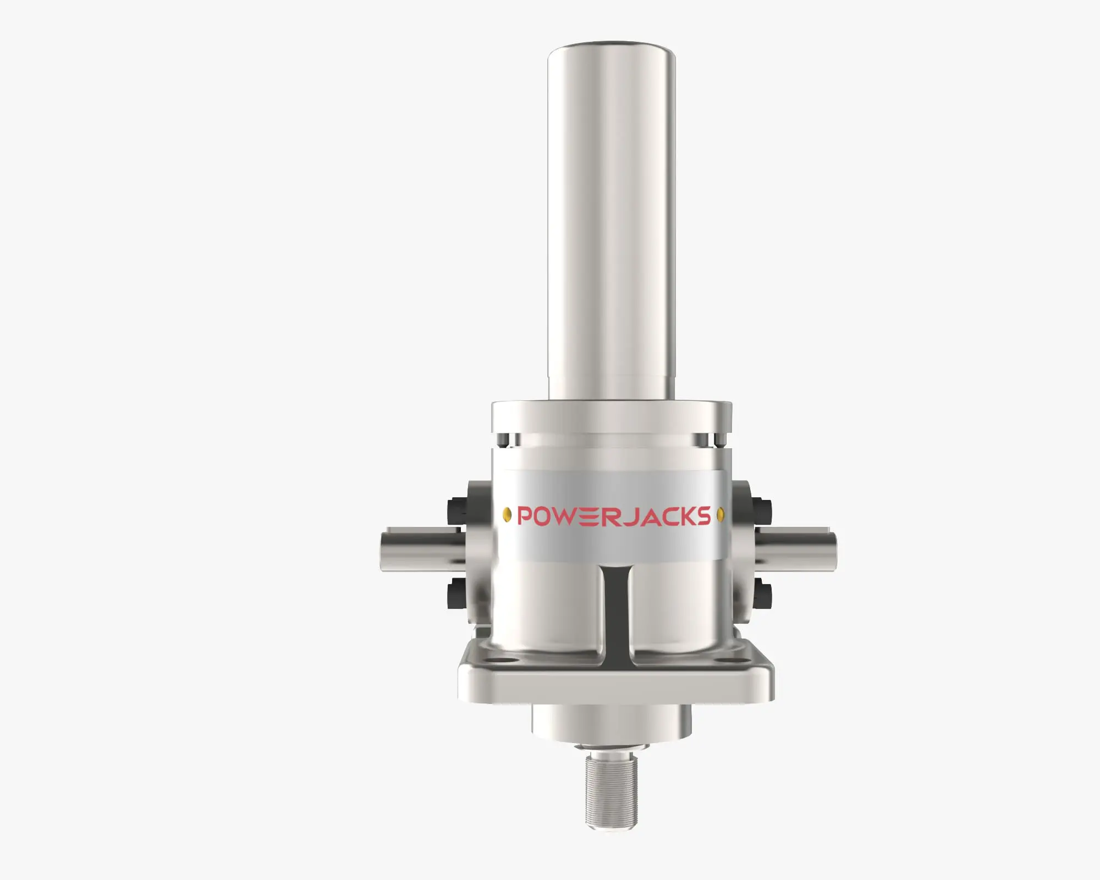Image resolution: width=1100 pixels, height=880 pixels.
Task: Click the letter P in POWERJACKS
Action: pyautogui.click(x=526, y=516)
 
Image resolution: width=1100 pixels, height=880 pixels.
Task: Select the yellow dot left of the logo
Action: pyautogui.click(x=507, y=515)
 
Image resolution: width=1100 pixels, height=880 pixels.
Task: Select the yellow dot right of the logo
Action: pyautogui.click(x=721, y=515)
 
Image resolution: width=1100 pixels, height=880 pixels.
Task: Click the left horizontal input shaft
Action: pyautogui.click(x=418, y=550)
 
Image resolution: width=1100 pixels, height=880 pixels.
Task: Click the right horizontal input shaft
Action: pyautogui.click(x=803, y=550)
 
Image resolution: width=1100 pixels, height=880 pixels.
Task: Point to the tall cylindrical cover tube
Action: pyautogui.click(x=612, y=220)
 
